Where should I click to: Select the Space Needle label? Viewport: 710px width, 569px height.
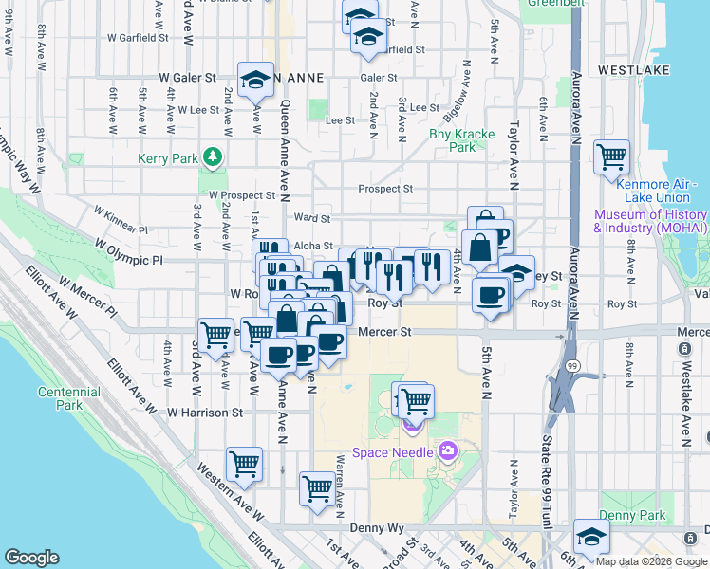(x=392, y=452)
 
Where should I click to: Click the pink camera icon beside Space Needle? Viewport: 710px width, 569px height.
(x=446, y=450)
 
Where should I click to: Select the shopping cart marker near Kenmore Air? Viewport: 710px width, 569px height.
(x=611, y=155)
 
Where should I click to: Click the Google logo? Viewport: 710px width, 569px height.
(x=31, y=558)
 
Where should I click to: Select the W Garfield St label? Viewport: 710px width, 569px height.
(x=138, y=39)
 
